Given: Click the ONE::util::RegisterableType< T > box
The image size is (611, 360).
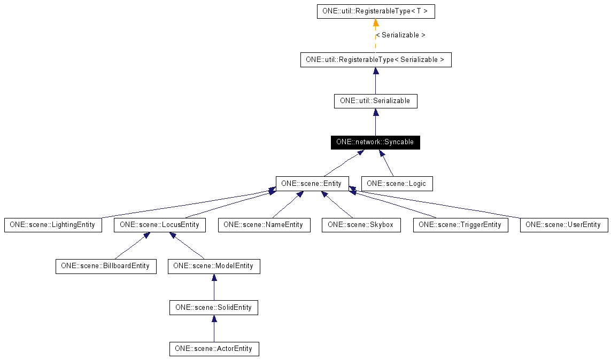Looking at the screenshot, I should click(x=375, y=11).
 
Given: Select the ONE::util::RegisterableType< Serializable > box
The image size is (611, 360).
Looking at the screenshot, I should click(x=375, y=60).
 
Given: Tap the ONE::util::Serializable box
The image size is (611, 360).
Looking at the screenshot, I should click(x=375, y=101).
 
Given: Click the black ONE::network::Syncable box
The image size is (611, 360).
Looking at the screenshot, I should click(x=375, y=142).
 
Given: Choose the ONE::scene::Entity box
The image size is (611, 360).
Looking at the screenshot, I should click(x=312, y=183).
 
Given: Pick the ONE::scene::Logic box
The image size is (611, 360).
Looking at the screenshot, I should click(x=397, y=183).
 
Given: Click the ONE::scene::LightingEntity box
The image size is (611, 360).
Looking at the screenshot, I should click(x=52, y=225).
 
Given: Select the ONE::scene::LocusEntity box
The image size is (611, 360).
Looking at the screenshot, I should click(x=159, y=225).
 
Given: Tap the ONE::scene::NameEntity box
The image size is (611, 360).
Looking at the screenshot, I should click(x=264, y=225).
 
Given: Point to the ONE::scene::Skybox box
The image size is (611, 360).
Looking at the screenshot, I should click(x=361, y=225).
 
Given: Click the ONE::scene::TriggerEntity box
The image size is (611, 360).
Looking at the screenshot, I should click(x=460, y=225).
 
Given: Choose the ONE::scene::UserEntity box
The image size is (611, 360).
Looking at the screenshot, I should click(x=563, y=225).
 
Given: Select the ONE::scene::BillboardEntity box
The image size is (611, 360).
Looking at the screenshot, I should click(x=106, y=266).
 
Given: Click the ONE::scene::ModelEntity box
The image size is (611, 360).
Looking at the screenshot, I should click(x=214, y=266).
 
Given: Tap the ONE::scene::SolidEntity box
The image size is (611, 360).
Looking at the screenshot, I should click(x=214, y=307).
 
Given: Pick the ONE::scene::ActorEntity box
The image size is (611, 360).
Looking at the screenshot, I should click(x=214, y=349).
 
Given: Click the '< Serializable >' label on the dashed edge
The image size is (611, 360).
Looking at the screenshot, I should click(x=400, y=35).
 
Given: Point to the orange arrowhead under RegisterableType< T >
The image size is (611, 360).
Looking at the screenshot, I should click(x=376, y=23).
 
